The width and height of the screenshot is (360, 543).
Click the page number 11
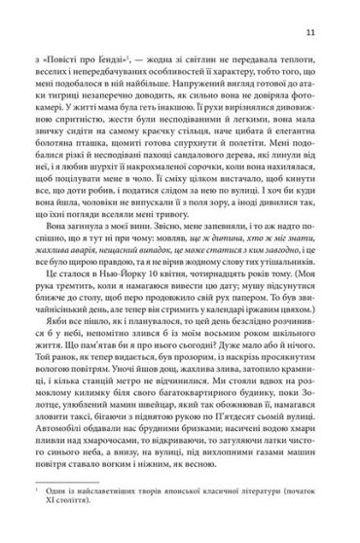point(336,36)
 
